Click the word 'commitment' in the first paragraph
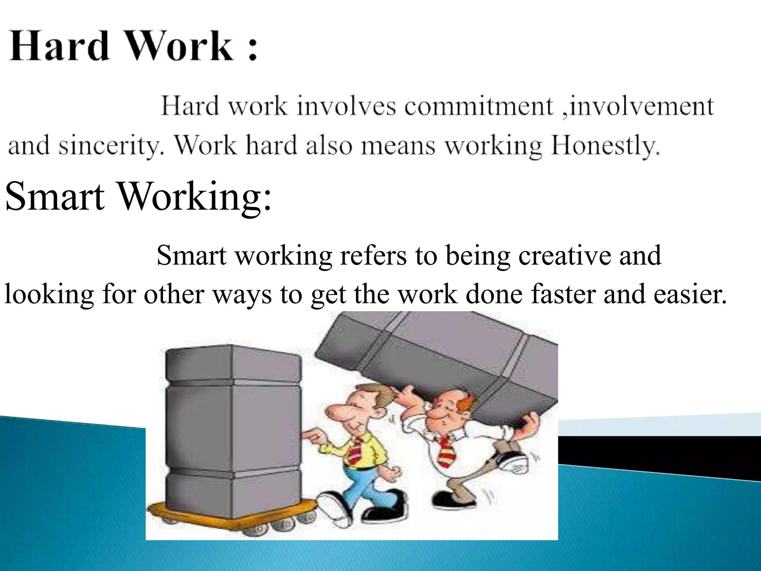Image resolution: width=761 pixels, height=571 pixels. pyautogui.click(x=479, y=107)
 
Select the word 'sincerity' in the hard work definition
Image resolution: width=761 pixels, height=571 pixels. pyautogui.click(x=111, y=146)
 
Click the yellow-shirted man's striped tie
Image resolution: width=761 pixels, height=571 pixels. pyautogui.click(x=355, y=450)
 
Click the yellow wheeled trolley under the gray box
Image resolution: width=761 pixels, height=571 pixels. pyautogui.click(x=230, y=515)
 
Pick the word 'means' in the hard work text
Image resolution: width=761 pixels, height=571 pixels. pyautogui.click(x=398, y=146)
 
